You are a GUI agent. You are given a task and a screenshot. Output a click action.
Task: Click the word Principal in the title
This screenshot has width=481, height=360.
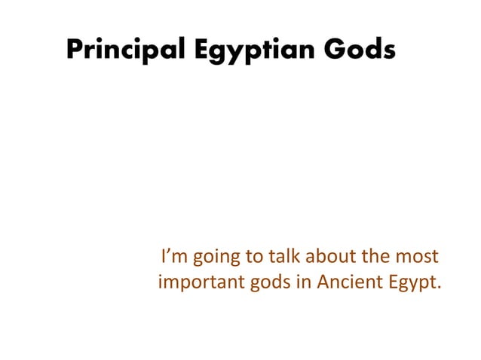[121, 50]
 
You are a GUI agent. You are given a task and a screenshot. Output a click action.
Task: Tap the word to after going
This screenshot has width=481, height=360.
[253, 258]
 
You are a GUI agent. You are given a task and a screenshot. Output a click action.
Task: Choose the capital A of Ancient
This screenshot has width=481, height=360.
[325, 283]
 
